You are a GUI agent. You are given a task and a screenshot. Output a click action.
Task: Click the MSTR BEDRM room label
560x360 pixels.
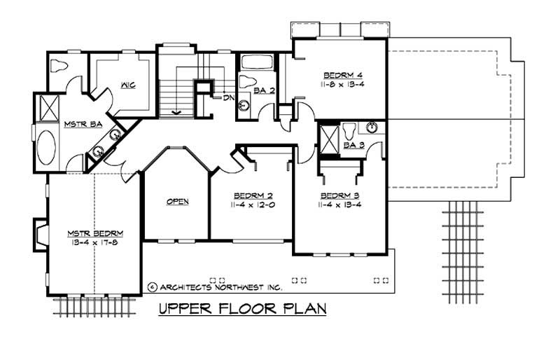pos(95,233)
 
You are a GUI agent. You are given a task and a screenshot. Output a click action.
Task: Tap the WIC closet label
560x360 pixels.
pos(127,85)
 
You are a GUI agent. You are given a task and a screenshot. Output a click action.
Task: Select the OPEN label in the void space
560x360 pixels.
pos(177,202)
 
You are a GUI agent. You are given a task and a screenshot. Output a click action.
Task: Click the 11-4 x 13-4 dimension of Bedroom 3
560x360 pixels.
pos(339,205)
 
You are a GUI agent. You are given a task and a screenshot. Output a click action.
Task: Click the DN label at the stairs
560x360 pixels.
pos(228,97)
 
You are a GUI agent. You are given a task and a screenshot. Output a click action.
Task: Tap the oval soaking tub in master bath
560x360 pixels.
pos(47,145)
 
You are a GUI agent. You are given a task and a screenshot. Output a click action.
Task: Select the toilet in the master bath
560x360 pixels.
pos(59,67)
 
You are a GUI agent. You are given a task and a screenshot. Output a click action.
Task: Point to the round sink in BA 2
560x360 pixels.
pos(244,106)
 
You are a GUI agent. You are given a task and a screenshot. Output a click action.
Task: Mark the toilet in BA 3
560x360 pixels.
pos(349,130)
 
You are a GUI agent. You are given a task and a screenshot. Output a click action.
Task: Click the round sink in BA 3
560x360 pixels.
pos(372,127)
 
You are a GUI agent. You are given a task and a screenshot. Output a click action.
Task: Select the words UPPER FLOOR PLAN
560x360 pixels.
pos(242,308)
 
